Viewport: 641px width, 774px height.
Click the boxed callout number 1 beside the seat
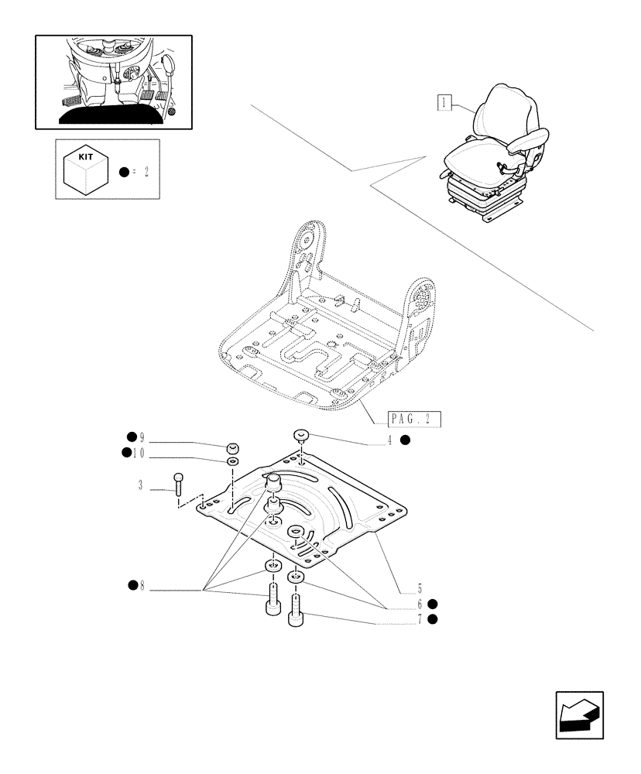[444, 101]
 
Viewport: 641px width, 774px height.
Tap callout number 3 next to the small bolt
[140, 485]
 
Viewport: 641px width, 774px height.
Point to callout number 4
[390, 440]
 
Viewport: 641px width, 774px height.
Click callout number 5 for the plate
[418, 588]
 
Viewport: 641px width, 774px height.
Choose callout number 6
[418, 604]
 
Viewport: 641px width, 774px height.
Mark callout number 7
[418, 619]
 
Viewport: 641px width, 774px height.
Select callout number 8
[142, 585]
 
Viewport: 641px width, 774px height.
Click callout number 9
[142, 437]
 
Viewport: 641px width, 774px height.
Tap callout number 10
[139, 453]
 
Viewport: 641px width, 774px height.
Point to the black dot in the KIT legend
[124, 171]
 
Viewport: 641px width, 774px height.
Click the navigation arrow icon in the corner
[578, 715]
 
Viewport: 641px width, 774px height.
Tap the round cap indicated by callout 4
[301, 437]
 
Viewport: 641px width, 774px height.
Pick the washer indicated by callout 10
[232, 461]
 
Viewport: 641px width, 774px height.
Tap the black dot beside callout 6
[433, 604]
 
